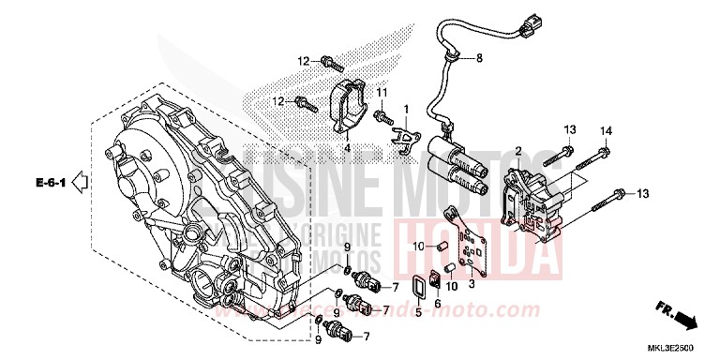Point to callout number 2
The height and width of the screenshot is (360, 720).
tap(517, 151)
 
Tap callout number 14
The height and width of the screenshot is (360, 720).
tap(605, 128)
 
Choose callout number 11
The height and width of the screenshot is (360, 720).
tap(382, 92)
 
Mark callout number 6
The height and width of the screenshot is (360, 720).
tap(438, 304)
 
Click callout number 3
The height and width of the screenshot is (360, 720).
tap(472, 282)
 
